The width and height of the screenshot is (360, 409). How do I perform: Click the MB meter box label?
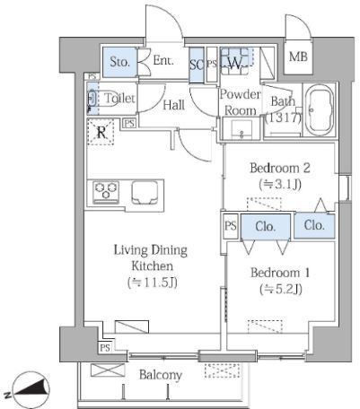coord(298,57)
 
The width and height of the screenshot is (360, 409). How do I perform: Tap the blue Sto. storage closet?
coord(119,62)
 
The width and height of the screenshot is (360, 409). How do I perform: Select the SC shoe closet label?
coord(196,65)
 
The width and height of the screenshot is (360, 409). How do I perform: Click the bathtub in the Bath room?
coord(320,110)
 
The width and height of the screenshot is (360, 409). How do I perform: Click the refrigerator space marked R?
coord(101,132)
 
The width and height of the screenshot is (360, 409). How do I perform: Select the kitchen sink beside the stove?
coord(145,192)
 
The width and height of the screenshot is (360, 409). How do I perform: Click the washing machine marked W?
coord(234,62)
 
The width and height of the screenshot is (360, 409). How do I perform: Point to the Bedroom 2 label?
coord(280,168)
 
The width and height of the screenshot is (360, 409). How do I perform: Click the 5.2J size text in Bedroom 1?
coord(281,289)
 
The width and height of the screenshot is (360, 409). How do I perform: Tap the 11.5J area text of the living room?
coord(153,282)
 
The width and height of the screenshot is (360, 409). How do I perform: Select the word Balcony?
coord(161,375)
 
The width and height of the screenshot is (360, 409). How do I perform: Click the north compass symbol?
coord(32,387)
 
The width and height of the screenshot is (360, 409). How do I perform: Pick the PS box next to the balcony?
coord(105,348)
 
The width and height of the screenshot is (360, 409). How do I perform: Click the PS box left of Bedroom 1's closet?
coord(231,226)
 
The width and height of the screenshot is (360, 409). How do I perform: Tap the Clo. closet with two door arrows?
coord(266,227)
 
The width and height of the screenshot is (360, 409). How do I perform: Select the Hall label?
coord(173,105)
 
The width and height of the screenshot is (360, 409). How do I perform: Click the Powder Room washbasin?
coord(241,129)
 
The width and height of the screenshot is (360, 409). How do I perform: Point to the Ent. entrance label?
coord(163,61)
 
